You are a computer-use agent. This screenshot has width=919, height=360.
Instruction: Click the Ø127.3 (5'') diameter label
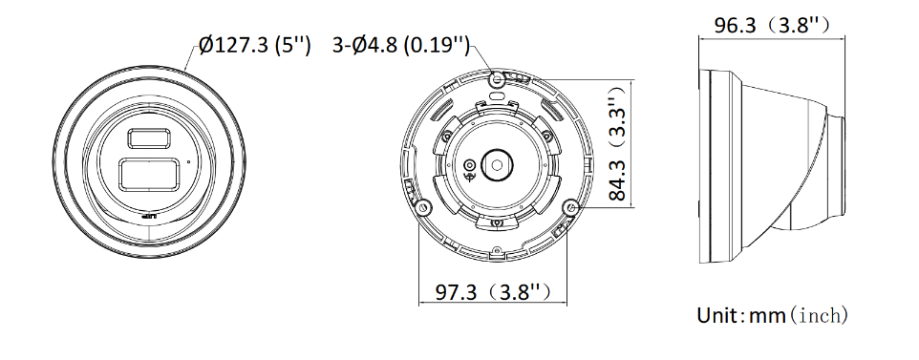point(255,46)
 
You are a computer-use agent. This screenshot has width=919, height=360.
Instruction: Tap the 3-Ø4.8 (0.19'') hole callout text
point(401,46)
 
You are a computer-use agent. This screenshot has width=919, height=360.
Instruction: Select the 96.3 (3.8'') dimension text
point(772,25)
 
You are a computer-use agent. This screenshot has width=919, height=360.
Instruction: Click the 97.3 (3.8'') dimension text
point(493,291)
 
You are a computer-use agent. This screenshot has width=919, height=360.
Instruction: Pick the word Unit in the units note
point(718,315)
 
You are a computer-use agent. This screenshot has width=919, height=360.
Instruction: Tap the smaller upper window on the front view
point(149,138)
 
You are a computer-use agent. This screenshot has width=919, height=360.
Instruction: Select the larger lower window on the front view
point(149,175)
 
